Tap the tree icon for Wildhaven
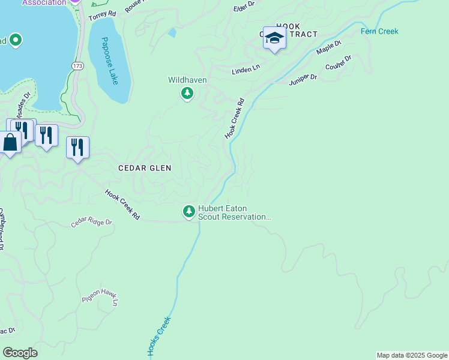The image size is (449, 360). coord(187,93)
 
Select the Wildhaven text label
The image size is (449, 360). coord(188,80)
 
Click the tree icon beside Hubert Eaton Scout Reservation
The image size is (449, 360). coord(189,211)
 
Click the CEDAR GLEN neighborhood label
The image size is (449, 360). coord(145,169)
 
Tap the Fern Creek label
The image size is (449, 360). coord(379,31)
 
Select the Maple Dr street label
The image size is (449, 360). coord(328,47)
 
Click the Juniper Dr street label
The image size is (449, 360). coord(303,80)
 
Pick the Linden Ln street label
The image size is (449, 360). coord(246,70)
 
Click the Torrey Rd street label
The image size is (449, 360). coord(101,16)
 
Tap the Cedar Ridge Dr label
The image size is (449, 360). coord(92,223)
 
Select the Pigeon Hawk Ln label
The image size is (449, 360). coord(99,299)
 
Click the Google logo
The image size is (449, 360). coord(20,352)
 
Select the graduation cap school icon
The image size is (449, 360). coord(274,38)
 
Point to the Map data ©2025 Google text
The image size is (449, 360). coord(412,355)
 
